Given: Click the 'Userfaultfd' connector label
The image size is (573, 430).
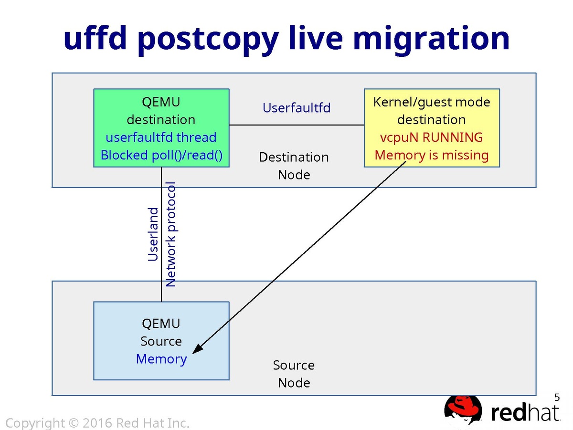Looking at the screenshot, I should [x=297, y=108].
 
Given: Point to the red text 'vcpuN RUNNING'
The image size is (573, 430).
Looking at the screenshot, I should [x=431, y=137].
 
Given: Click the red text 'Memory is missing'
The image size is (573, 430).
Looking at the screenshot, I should [x=431, y=155].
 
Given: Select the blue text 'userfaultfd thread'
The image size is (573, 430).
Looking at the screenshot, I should [x=161, y=137].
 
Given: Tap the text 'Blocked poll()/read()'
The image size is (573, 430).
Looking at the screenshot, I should [x=161, y=155].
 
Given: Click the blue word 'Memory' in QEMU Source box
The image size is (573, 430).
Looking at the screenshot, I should [x=161, y=359].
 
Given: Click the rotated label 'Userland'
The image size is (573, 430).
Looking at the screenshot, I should [x=153, y=234].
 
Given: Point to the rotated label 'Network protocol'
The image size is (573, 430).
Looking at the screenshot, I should [x=170, y=234].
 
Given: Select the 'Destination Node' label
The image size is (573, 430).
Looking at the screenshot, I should [x=294, y=166].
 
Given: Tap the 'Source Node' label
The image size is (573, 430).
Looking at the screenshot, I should [x=294, y=374].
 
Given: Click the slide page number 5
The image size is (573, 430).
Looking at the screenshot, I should [x=557, y=397].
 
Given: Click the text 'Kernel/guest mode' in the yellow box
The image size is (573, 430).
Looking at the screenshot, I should [x=431, y=102].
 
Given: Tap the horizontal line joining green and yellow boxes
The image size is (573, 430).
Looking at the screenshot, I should [x=297, y=125].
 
